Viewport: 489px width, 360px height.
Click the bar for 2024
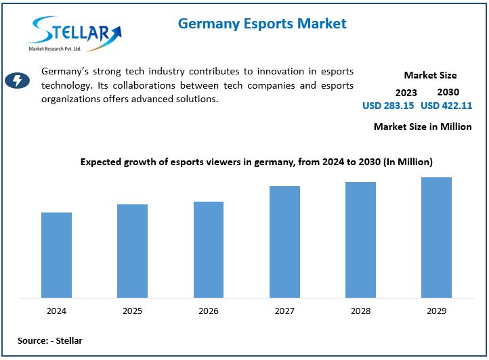tap(56, 255)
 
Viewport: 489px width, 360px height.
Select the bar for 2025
tap(132, 251)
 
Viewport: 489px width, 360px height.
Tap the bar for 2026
tap(209, 250)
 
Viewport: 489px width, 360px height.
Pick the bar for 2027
tap(284, 242)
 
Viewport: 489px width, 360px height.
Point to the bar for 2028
tap(360, 240)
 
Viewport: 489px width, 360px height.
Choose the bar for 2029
tap(436, 238)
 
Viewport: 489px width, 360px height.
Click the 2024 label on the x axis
tap(56, 311)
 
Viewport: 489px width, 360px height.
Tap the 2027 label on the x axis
tap(284, 311)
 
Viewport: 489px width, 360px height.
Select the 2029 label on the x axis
tap(436, 311)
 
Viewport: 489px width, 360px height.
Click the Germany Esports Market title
tap(262, 24)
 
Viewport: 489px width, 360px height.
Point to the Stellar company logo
tap(75, 33)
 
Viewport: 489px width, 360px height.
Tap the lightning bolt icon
tap(17, 81)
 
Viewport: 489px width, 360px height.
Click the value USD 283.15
tap(388, 106)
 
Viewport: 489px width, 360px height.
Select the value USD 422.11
tap(446, 106)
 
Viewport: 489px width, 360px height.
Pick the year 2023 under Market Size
tap(406, 92)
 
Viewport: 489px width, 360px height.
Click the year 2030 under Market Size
tap(448, 91)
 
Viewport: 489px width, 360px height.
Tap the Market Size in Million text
tap(423, 127)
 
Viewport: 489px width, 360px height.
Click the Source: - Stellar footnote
tap(50, 340)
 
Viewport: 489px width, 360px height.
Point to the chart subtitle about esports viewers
tap(257, 162)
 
